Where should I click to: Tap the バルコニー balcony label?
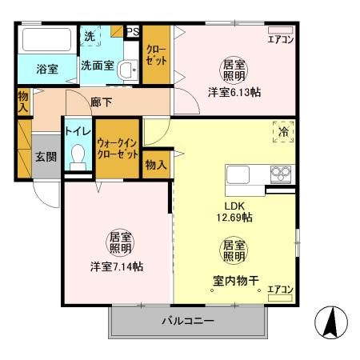click(188, 321)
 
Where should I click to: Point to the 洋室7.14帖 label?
click(117, 266)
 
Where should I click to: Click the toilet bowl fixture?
click(78, 155)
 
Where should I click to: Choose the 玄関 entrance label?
click(46, 157)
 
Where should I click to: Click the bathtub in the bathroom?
click(46, 40)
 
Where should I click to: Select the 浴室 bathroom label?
click(46, 70)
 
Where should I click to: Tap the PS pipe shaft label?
click(133, 32)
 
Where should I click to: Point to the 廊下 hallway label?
click(102, 102)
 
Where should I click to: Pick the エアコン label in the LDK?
click(279, 290)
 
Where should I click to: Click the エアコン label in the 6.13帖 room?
click(280, 38)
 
